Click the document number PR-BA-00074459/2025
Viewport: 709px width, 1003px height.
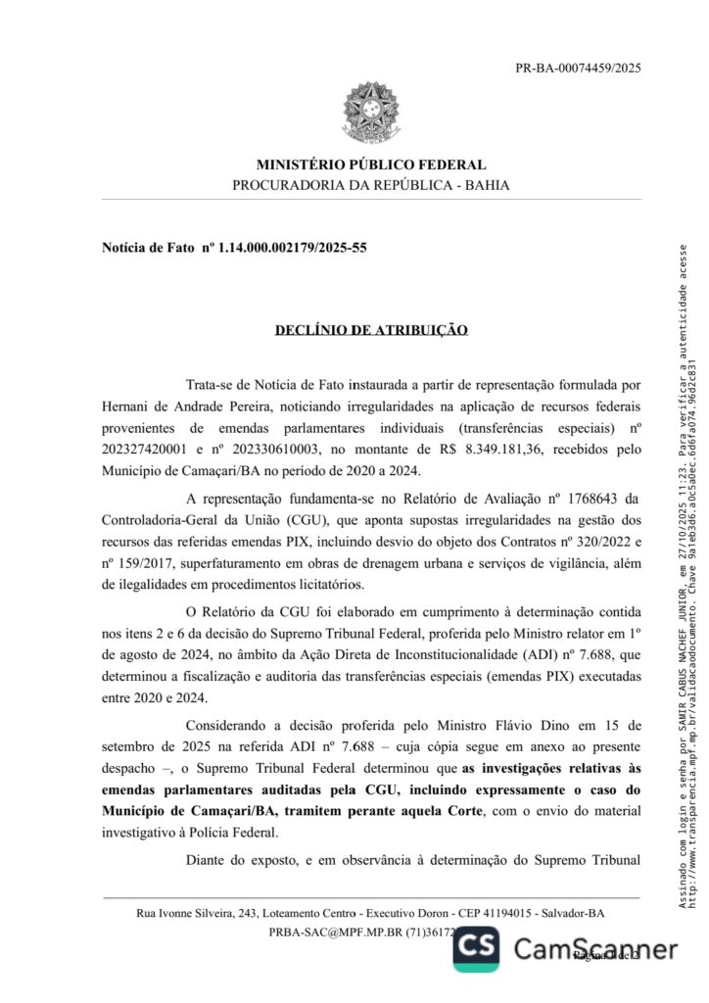coord(578,69)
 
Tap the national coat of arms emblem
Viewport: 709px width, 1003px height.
coord(370,116)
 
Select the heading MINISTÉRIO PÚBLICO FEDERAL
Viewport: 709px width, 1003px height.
coord(370,165)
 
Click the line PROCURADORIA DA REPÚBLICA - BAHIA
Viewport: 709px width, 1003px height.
coord(370,185)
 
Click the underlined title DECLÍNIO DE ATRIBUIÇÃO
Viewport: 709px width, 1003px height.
coord(371,331)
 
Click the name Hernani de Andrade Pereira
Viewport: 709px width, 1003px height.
coord(175,404)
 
